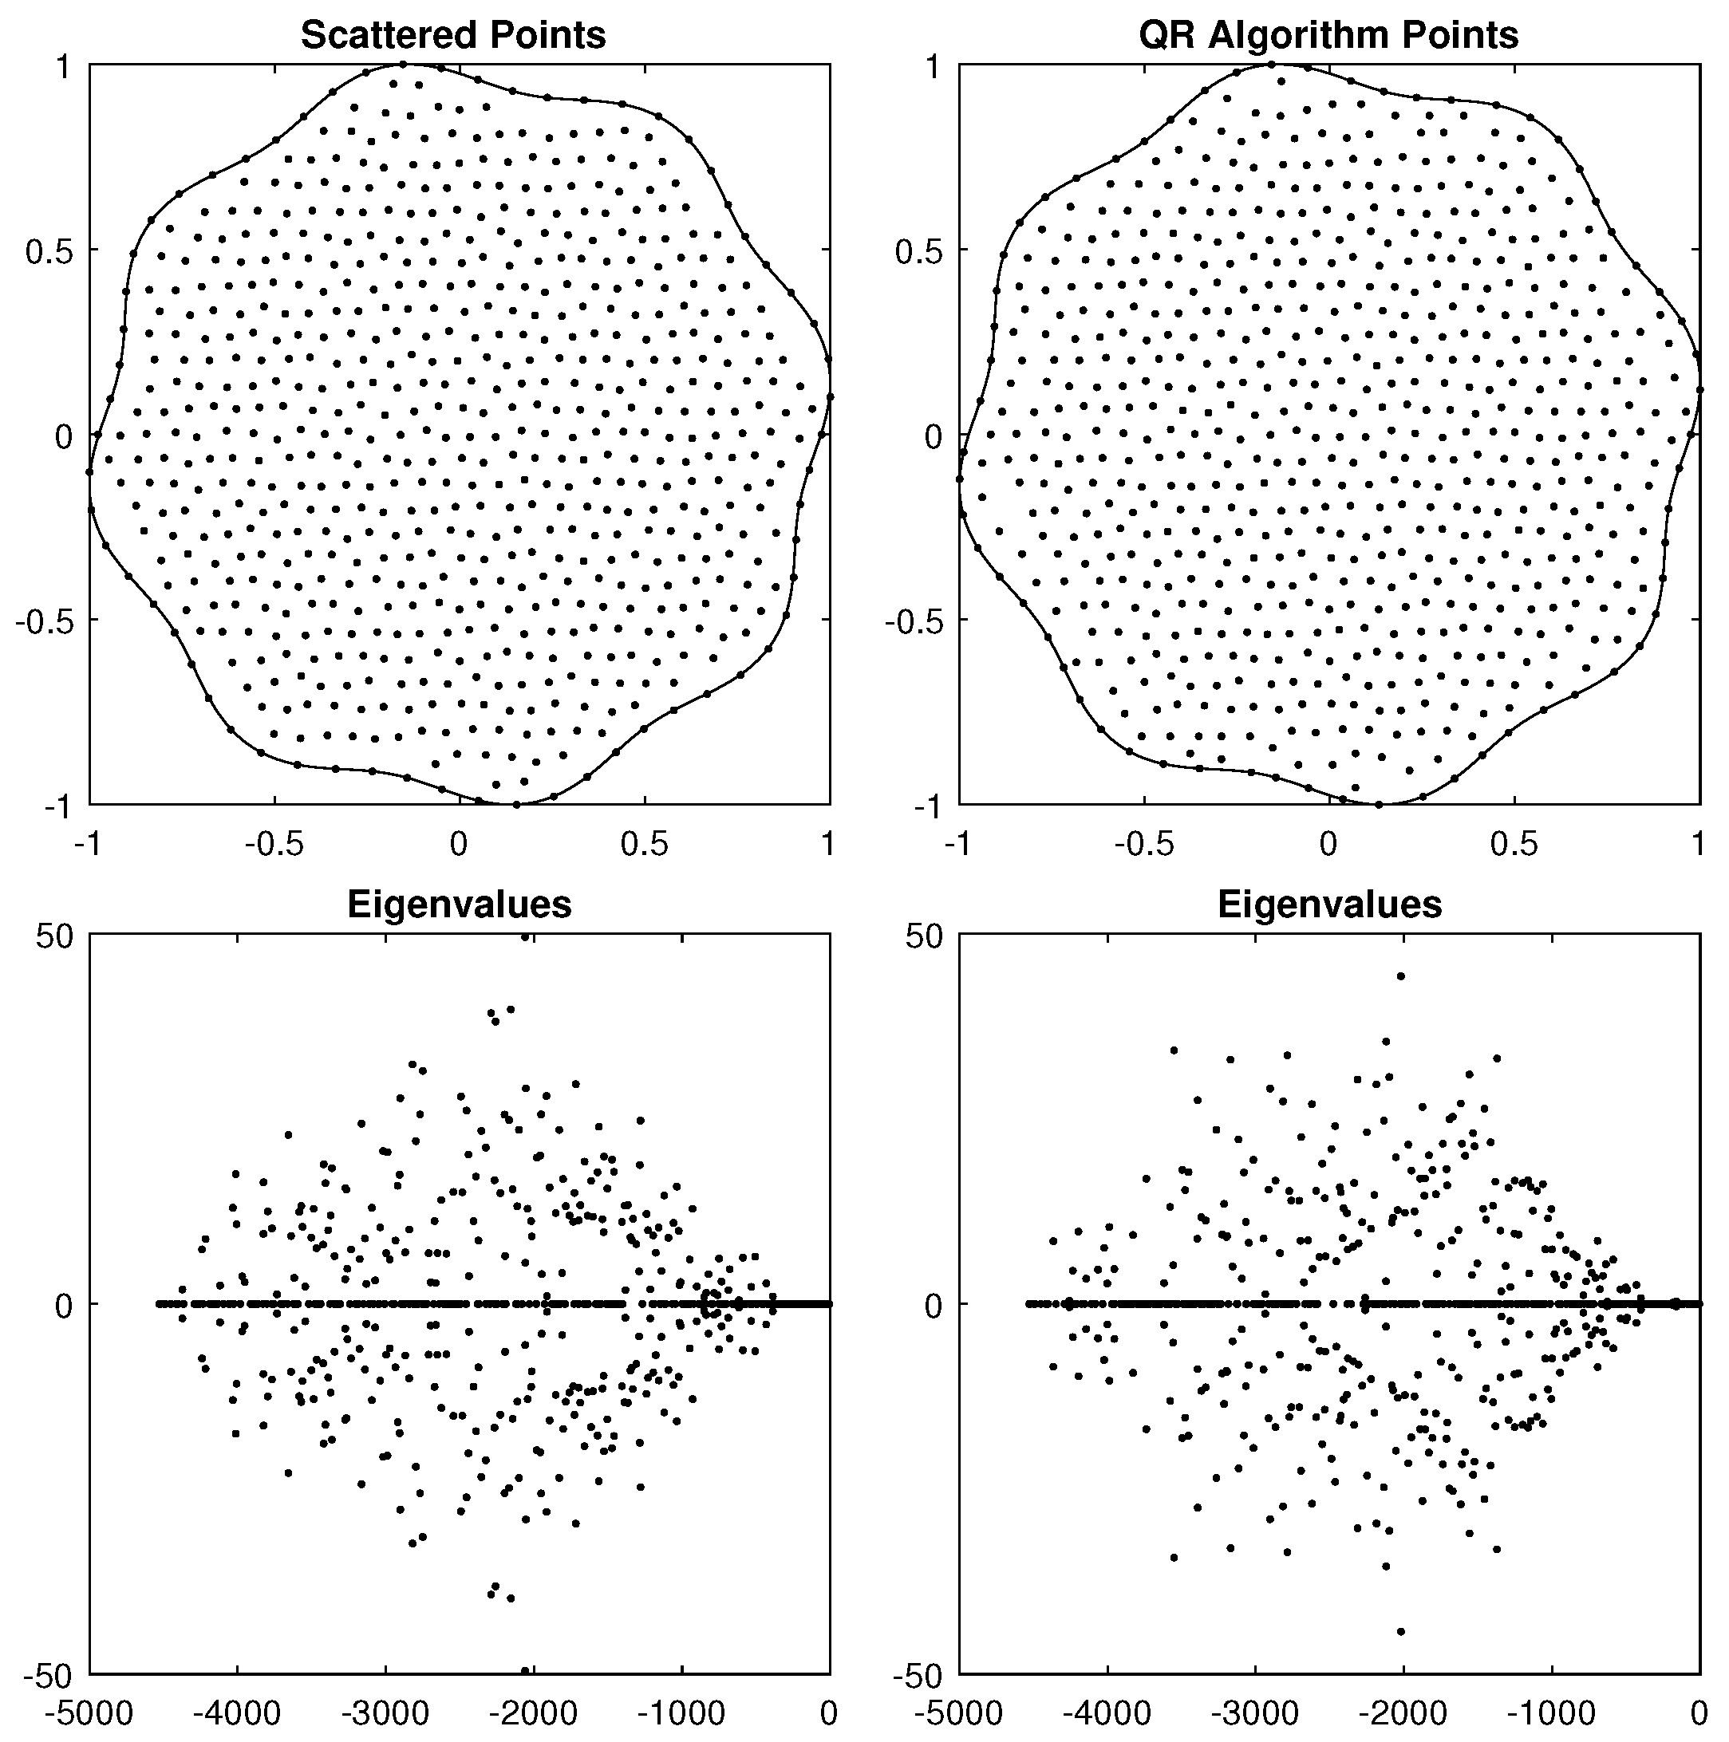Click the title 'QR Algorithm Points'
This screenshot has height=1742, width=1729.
1328,36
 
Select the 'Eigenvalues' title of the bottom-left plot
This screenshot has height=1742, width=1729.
459,905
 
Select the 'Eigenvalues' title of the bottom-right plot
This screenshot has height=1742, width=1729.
1329,905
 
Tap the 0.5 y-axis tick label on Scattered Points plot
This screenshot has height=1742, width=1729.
48,251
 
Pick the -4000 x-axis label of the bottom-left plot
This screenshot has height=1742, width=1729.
237,1712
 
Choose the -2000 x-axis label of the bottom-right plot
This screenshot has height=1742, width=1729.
1403,1712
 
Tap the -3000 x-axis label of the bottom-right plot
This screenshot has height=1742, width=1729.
1254,1712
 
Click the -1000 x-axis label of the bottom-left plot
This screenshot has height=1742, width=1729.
682,1712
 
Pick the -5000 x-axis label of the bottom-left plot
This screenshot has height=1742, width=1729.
89,1712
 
